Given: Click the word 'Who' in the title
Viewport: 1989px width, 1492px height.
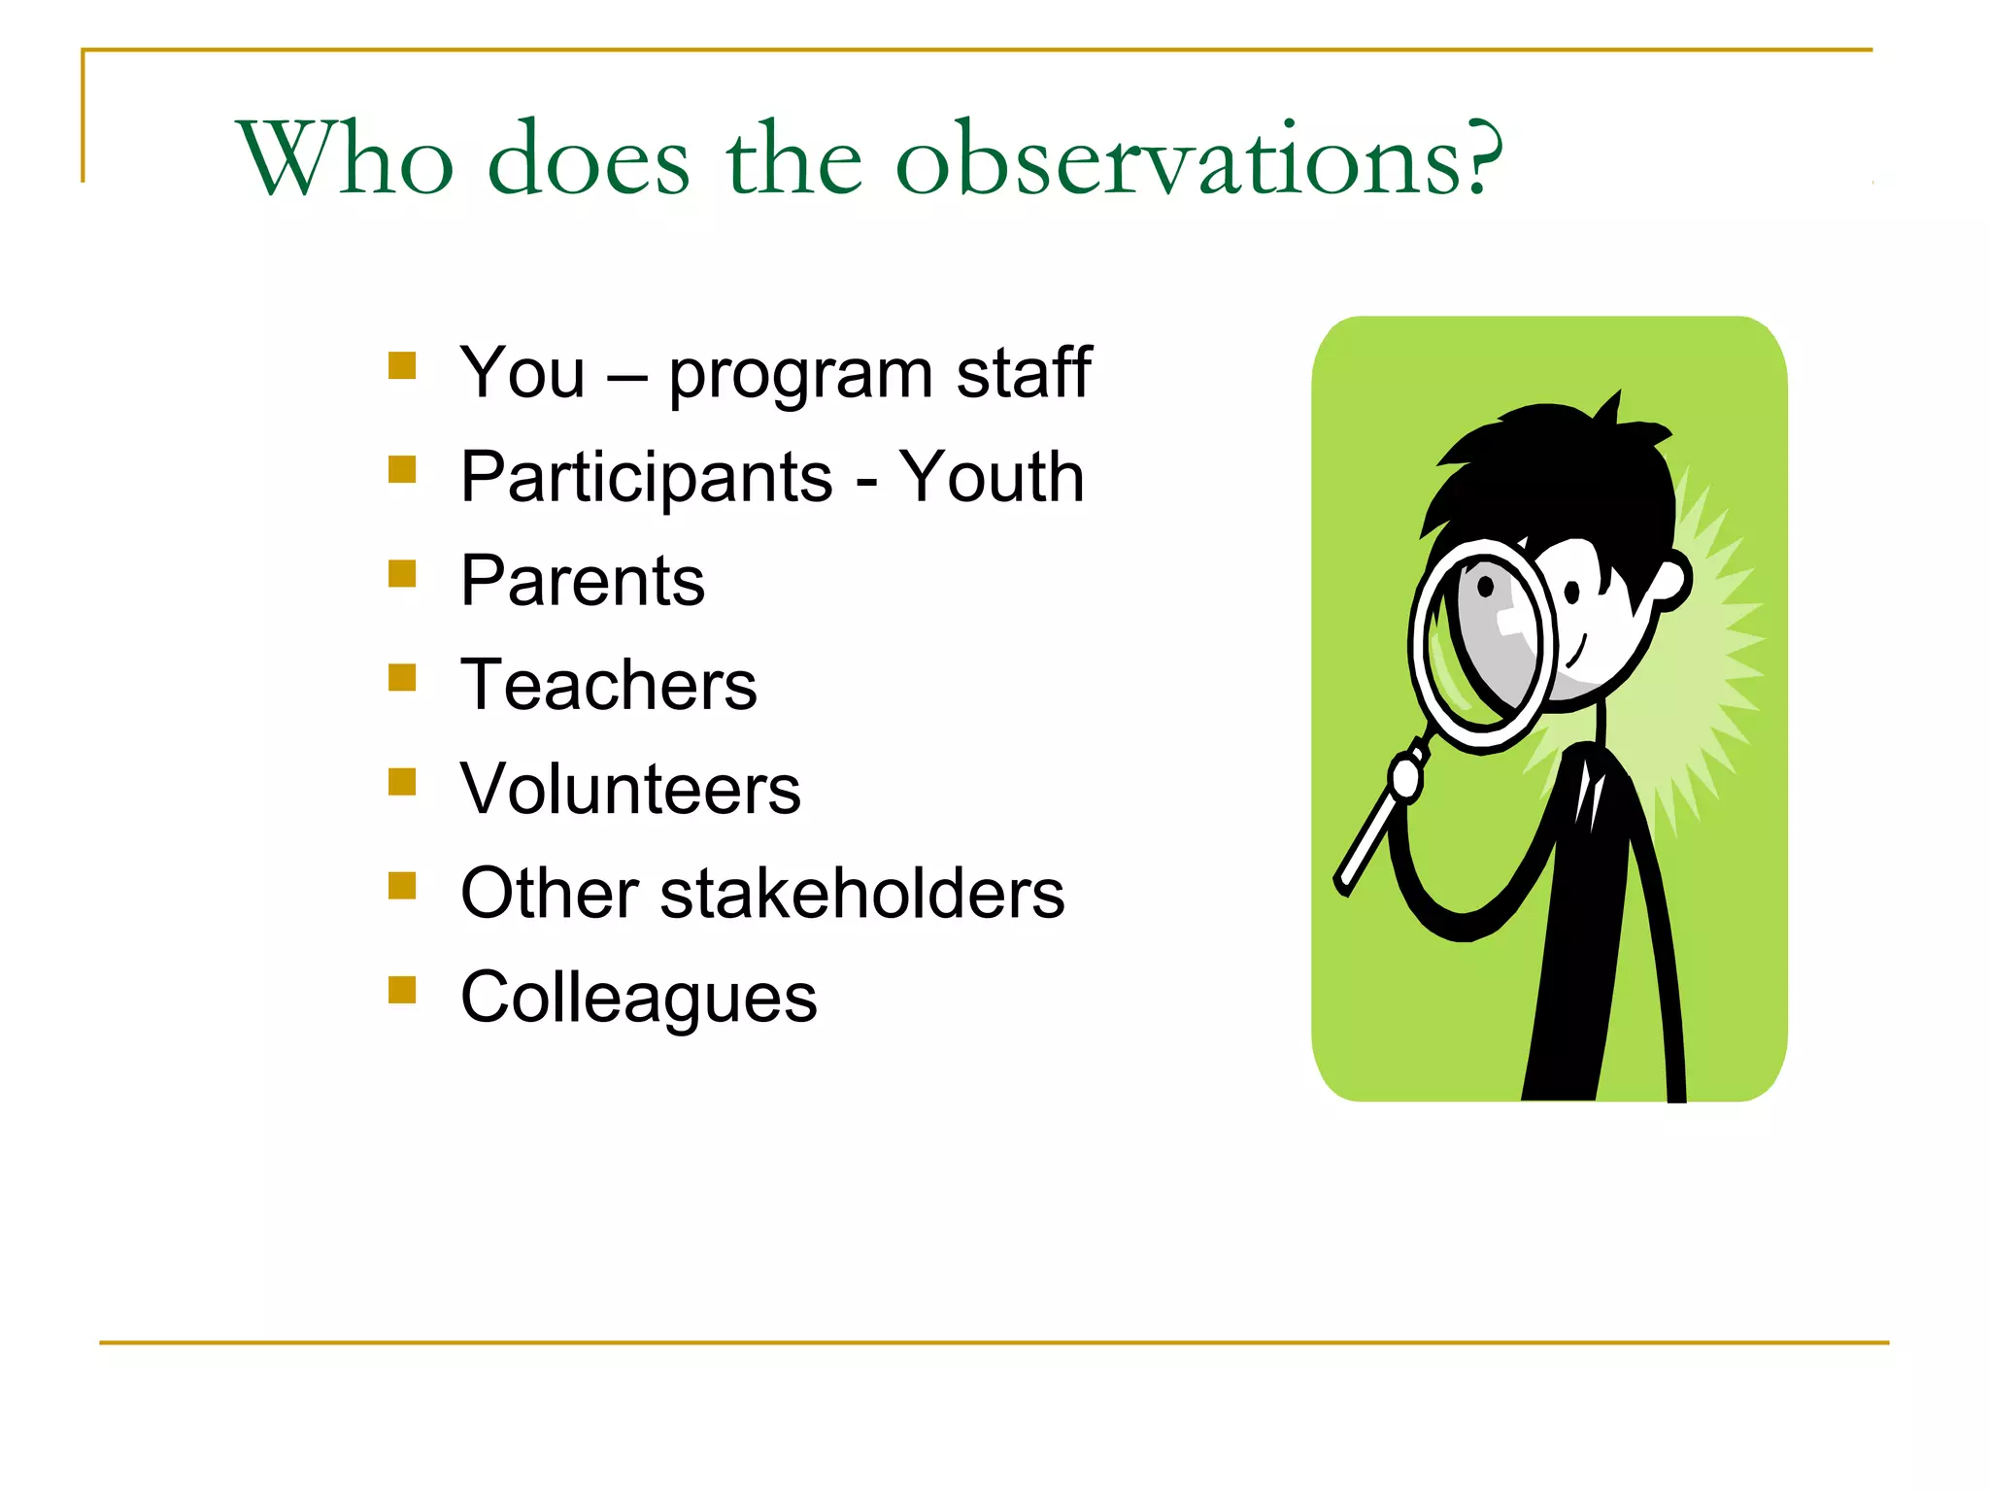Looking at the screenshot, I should [345, 158].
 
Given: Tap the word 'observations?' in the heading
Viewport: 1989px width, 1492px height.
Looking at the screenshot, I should [1198, 158].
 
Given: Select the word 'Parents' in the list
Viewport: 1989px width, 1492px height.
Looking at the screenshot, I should [582, 581].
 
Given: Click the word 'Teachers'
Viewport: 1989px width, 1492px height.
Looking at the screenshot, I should [608, 685].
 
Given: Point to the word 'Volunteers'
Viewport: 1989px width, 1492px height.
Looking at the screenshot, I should [630, 789].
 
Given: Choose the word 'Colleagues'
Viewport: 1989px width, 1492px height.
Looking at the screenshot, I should [638, 998].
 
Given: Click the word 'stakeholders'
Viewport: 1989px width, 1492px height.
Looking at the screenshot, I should [861, 893].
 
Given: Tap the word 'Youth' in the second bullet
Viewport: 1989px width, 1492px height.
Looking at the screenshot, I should [991, 477].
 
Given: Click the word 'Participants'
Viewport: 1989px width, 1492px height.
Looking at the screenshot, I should [646, 477].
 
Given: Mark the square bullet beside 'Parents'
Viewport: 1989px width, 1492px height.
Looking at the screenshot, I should [402, 574].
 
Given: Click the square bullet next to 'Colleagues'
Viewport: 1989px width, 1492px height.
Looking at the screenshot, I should [402, 990].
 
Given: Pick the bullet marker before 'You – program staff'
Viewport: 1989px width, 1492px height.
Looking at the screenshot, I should [402, 365].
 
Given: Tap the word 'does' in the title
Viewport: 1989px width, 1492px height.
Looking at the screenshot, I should [589, 158].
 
